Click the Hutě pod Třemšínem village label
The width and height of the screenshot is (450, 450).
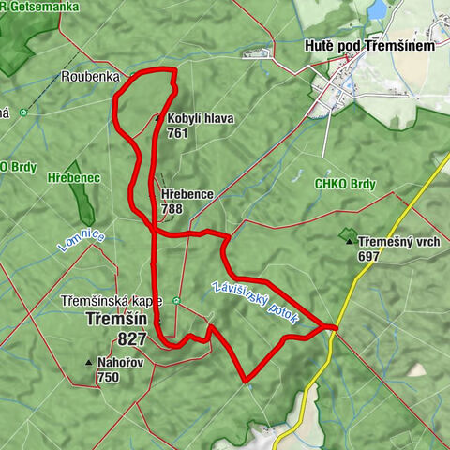(367, 45)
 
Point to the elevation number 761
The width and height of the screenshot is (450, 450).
(178, 133)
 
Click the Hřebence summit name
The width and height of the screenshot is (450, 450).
(187, 194)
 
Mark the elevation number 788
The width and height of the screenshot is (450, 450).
(172, 208)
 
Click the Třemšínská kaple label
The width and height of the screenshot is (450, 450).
(111, 301)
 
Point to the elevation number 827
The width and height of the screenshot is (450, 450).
(132, 338)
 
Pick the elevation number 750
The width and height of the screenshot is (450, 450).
(107, 377)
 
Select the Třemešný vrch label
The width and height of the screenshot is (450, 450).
(399, 242)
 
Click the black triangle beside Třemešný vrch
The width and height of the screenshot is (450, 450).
(349, 242)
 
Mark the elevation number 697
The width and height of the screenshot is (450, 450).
(368, 256)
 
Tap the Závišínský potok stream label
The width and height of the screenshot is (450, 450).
(256, 302)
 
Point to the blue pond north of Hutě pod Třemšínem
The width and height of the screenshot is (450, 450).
(377, 9)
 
